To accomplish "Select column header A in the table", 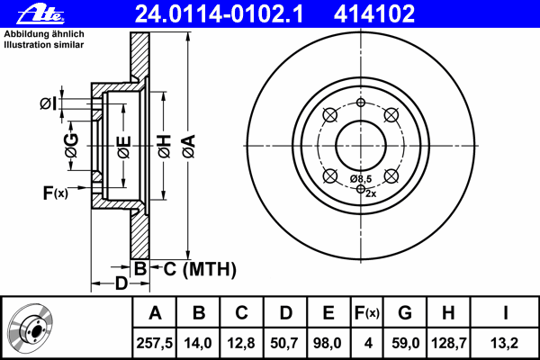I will pyautogui.click(x=155, y=312).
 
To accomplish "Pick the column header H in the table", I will pyautogui.click(x=449, y=312).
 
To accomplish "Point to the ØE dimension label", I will pyautogui.click(x=124, y=145).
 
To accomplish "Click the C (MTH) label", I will pyautogui.click(x=193, y=268).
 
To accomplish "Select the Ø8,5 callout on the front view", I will pyautogui.click(x=363, y=179).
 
